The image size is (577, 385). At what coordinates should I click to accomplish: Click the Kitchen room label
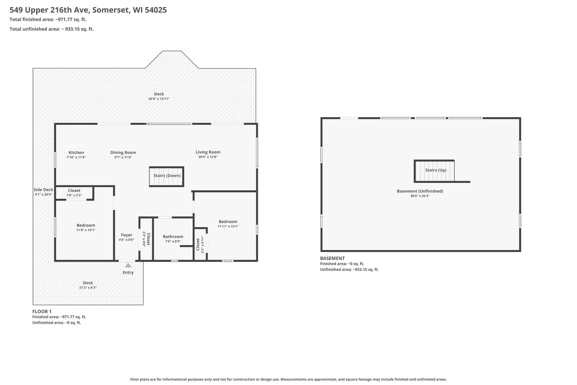click(76, 152)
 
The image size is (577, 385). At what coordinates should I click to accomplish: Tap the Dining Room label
click(123, 152)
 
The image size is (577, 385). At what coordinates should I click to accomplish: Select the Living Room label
click(208, 152)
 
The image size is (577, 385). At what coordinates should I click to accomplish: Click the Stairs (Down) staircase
click(166, 177)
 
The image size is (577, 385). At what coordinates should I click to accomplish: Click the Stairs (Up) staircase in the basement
click(434, 171)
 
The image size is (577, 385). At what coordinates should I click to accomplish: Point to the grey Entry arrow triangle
click(128, 265)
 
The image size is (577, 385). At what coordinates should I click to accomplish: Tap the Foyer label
click(126, 235)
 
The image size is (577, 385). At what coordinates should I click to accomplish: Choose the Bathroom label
click(173, 237)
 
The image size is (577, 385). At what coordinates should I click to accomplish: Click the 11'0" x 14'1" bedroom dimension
click(86, 230)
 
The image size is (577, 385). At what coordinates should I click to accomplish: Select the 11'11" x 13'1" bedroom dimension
click(228, 226)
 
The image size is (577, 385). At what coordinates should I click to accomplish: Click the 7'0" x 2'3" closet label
click(74, 195)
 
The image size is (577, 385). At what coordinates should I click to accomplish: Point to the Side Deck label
click(44, 190)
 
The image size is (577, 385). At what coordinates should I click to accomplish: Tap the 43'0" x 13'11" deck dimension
click(159, 99)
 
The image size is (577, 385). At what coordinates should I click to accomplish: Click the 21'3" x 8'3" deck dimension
click(88, 288)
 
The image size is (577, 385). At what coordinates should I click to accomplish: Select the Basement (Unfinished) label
click(420, 191)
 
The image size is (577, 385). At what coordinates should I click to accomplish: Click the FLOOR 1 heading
click(42, 312)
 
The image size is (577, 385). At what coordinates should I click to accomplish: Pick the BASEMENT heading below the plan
click(332, 258)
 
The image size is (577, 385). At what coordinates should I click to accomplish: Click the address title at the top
click(88, 10)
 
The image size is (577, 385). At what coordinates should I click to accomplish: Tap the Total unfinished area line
click(52, 29)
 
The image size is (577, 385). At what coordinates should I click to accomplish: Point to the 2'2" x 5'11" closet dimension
click(203, 244)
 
